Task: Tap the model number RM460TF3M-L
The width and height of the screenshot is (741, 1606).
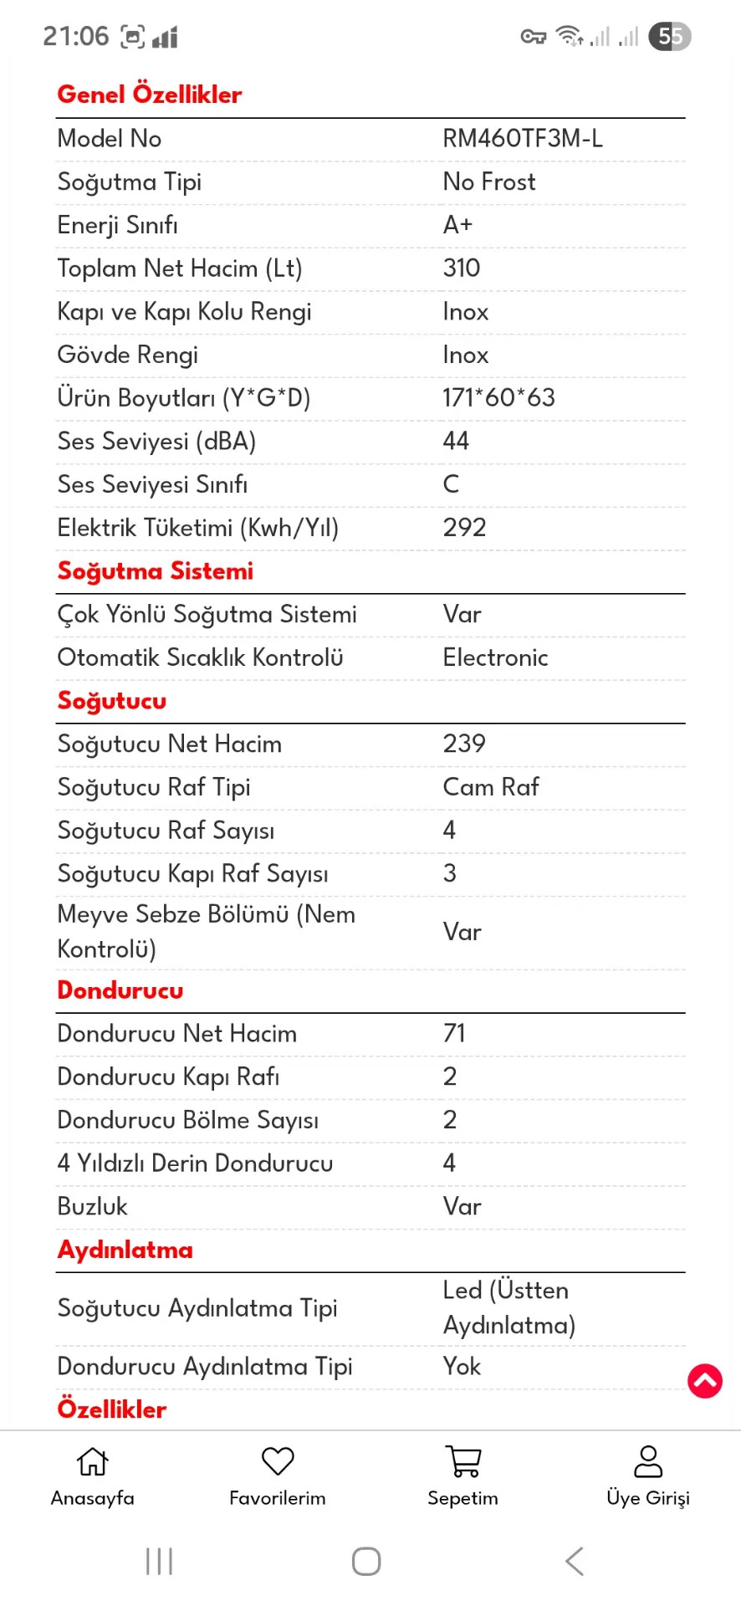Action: [x=522, y=139]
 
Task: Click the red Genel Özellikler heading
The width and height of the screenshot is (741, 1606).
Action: [x=149, y=95]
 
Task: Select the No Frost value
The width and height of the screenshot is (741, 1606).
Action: [x=488, y=182]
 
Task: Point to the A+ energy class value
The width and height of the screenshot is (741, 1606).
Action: [x=457, y=225]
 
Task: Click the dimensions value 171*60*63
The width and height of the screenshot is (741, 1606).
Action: [x=498, y=398]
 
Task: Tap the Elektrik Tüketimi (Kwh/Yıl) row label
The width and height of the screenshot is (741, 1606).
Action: [x=197, y=528]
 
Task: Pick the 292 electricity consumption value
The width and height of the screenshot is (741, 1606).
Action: [x=464, y=528]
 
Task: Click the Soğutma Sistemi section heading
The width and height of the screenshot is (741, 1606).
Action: [x=155, y=571]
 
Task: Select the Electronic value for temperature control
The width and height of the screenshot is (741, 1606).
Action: [x=495, y=657]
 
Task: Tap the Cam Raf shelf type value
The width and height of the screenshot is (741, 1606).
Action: [x=490, y=787]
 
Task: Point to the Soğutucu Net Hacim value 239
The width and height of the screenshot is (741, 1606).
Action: [x=464, y=744]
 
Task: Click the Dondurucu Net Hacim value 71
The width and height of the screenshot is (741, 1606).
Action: [x=454, y=1034]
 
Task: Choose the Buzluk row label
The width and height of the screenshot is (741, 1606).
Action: [x=92, y=1206]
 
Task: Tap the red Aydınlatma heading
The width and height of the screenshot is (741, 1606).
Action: [x=125, y=1250]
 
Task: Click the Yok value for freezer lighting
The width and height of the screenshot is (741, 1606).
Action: [x=462, y=1367]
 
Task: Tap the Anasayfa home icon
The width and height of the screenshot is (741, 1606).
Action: [x=92, y=1461]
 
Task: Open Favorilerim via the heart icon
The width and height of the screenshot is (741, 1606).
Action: [x=278, y=1461]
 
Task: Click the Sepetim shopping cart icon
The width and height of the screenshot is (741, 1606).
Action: [x=462, y=1461]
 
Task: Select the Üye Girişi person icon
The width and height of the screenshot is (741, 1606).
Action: [x=648, y=1461]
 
